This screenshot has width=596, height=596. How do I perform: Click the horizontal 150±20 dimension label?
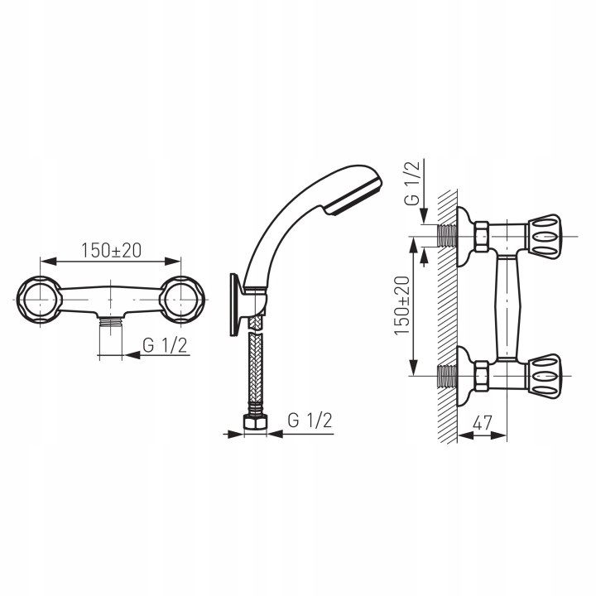[x=111, y=250]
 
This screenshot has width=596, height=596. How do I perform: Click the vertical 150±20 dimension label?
[x=402, y=305]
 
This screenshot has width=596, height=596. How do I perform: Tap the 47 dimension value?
[x=482, y=423]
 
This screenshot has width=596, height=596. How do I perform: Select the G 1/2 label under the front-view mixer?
[x=165, y=345]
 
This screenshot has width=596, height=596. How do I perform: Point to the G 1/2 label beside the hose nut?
[x=310, y=421]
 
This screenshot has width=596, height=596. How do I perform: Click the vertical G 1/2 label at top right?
[x=412, y=183]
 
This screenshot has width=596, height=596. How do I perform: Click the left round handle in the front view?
[x=39, y=300]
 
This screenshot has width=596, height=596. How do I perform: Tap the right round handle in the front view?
[x=182, y=300]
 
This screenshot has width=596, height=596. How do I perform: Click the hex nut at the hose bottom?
[x=255, y=422]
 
